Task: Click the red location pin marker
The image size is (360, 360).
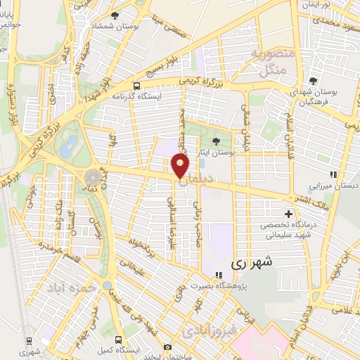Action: pos(180,166)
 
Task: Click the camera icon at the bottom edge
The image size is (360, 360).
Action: pos(167,347)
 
